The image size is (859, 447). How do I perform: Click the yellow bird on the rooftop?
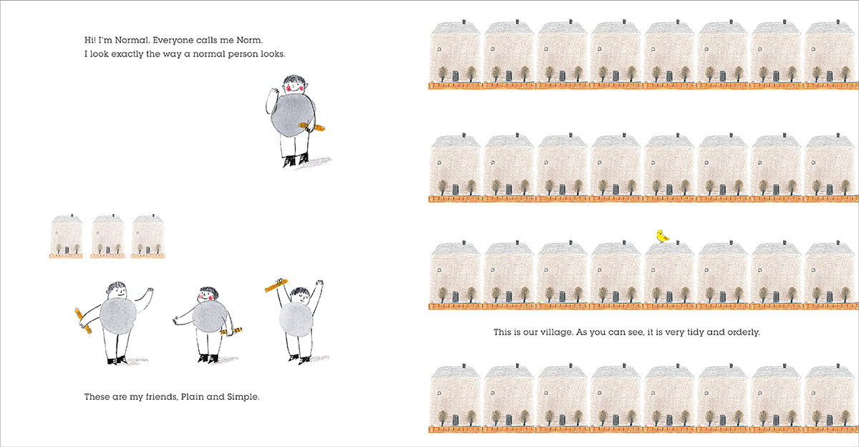(662, 236)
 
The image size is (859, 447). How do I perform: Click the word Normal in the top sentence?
(132, 40)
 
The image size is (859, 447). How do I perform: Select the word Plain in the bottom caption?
(192, 396)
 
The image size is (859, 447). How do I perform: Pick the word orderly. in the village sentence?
(744, 332)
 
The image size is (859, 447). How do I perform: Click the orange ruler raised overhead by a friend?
(276, 285)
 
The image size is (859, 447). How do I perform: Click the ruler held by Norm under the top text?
(312, 127)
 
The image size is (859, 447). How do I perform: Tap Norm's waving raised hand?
(273, 94)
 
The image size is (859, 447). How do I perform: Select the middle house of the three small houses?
(108, 236)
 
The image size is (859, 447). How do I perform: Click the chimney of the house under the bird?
(678, 243)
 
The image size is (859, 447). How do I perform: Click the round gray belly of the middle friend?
(209, 317)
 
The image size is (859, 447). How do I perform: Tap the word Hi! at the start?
(89, 40)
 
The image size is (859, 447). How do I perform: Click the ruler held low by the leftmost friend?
(83, 320)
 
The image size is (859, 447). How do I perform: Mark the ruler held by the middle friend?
(232, 332)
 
